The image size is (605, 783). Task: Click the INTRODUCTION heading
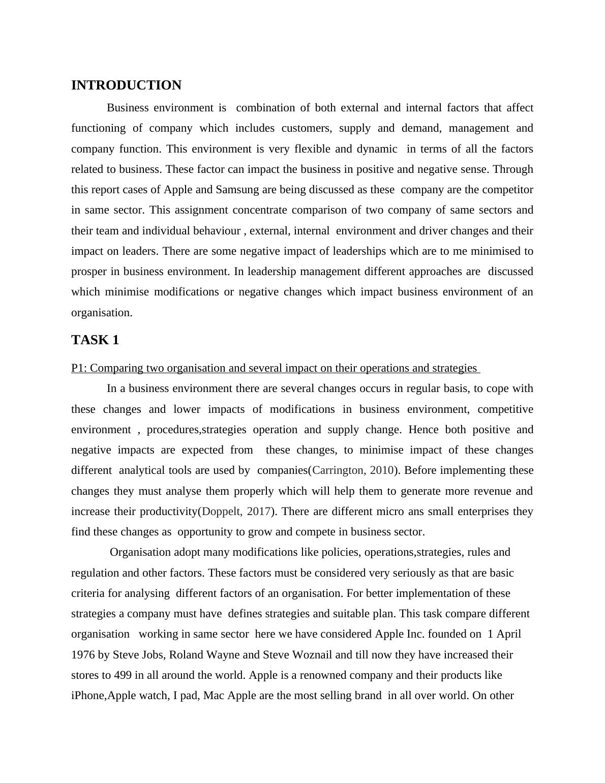click(x=126, y=85)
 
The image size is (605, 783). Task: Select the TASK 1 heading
click(x=95, y=340)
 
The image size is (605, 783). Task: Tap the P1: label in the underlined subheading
click(x=79, y=368)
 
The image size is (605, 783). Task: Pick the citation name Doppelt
click(x=222, y=511)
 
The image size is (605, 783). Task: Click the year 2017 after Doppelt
click(x=258, y=511)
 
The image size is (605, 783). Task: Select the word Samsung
click(x=237, y=190)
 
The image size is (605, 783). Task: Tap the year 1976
click(x=83, y=655)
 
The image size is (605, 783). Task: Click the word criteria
click(x=88, y=593)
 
